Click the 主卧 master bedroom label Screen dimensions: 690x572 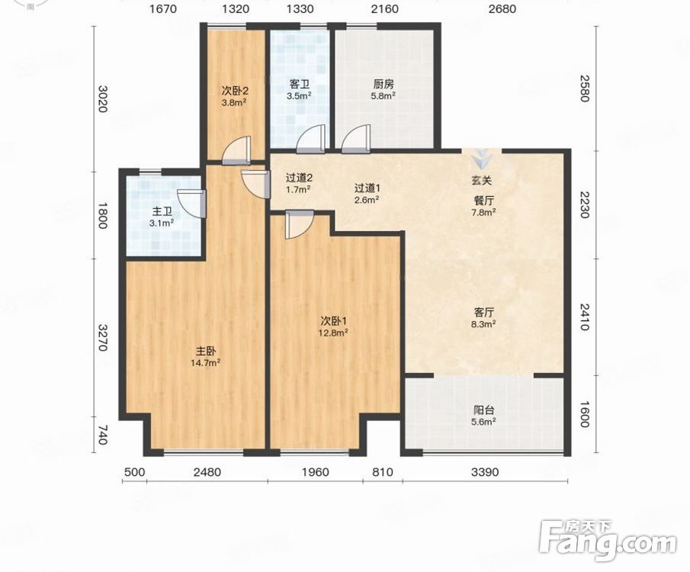coord(206,352)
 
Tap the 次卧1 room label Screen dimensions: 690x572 coord(333,320)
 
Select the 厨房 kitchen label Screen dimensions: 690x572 coord(384,84)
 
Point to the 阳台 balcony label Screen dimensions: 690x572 coord(484,410)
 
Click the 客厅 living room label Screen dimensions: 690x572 coord(484,313)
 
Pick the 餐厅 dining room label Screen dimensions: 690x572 coord(484,201)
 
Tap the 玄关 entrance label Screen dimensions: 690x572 coord(482,180)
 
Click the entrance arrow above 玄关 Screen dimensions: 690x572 coord(482,159)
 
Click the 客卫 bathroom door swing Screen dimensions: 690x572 coord(310,139)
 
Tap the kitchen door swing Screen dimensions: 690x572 coord(355,139)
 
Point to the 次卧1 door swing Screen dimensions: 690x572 coord(299,224)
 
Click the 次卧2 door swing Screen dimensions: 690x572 coord(236,150)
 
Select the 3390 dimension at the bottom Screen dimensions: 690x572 coord(485,472)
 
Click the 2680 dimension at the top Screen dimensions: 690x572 coord(502,8)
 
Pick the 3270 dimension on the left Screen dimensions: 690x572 coord(102,338)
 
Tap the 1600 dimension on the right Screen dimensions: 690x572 coord(584,414)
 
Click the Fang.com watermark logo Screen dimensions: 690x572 coord(608,541)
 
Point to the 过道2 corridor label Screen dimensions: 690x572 coord(299,178)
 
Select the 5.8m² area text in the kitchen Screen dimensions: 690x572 coord(384,95)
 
